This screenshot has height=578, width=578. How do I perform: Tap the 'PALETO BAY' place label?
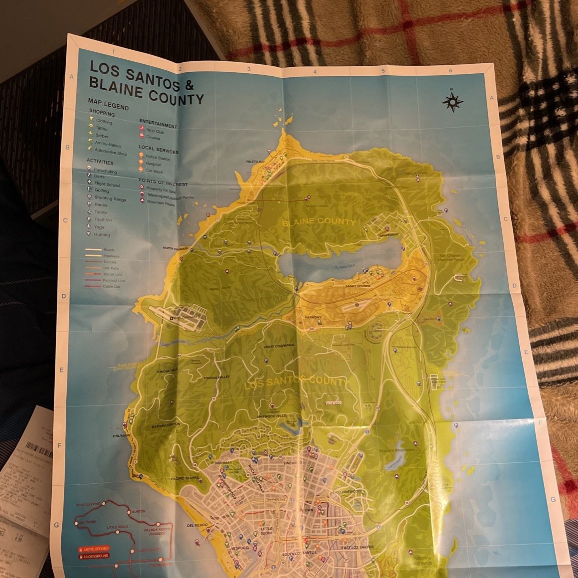[255, 162]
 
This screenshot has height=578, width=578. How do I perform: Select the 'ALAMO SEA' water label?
[345, 267]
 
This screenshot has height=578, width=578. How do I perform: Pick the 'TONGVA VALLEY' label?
[217, 378]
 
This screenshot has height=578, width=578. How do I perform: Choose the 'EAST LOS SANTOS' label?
[358, 548]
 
